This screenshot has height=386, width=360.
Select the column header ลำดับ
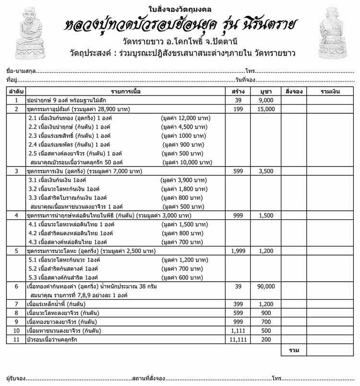pyautogui.click(x=16, y=91)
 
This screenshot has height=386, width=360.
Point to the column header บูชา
pyautogui.click(x=266, y=91)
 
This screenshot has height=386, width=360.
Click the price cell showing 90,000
pyautogui.click(x=266, y=286)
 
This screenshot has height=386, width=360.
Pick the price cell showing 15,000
pyautogui.click(x=266, y=109)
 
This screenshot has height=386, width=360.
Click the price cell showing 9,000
pyautogui.click(x=266, y=100)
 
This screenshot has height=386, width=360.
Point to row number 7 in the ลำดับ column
pyautogui.click(x=16, y=304)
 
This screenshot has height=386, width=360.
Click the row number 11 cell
pyautogui.click(x=16, y=339)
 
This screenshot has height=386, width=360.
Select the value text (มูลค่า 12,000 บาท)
pyautogui.click(x=187, y=118)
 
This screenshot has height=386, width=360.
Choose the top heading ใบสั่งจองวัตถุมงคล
pyautogui.click(x=180, y=9)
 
